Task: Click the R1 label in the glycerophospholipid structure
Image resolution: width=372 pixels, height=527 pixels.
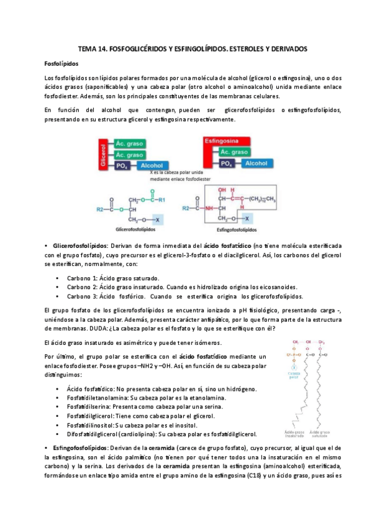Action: pyautogui.click(x=161, y=199)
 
